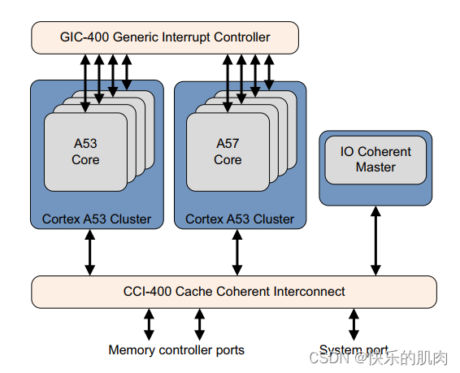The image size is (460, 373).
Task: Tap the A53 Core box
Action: (85, 152)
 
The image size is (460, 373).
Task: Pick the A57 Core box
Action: (228, 152)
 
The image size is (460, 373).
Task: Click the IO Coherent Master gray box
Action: (375, 159)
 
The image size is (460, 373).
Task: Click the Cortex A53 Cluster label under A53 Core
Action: (97, 219)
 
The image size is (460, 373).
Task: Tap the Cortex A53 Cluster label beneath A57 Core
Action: (240, 219)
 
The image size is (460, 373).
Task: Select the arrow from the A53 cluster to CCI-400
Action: (89, 252)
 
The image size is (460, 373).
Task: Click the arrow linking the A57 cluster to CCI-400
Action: (237, 252)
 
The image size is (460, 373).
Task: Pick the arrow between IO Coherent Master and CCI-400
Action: (375, 240)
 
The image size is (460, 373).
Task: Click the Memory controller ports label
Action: (176, 349)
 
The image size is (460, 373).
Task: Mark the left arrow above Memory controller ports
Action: (149, 323)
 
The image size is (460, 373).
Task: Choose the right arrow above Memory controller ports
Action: (199, 323)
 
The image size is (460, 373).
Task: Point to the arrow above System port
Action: (354, 323)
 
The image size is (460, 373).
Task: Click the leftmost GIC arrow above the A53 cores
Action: (85, 77)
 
